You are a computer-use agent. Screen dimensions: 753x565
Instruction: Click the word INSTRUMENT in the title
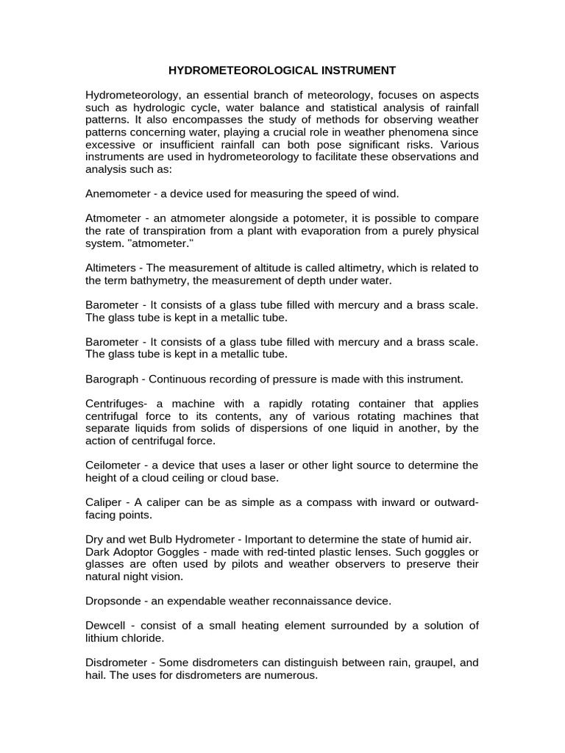coord(357,71)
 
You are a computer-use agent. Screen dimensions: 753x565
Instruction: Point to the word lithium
coord(104,638)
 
